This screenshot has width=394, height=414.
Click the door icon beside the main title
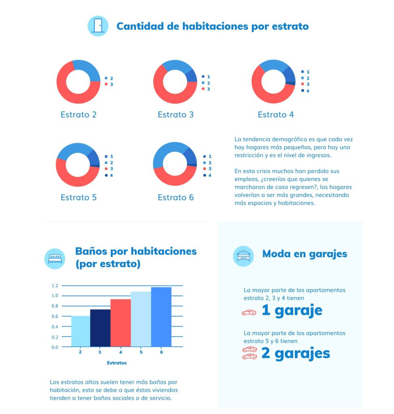[98, 26]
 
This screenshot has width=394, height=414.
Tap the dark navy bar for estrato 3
[100, 328]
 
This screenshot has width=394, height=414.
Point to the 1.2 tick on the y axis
[55, 285]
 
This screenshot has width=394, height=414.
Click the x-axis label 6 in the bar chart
[161, 352]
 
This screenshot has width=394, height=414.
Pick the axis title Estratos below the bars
[117, 363]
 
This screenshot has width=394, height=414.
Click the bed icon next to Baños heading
[55, 259]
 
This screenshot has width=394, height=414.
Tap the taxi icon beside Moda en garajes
[243, 256]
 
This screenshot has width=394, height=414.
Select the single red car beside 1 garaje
[249, 312]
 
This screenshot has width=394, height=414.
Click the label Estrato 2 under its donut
[79, 114]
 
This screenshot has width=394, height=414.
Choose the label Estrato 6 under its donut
[176, 197]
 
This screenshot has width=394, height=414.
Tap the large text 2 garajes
[295, 353]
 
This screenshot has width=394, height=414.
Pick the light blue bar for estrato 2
[81, 331]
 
